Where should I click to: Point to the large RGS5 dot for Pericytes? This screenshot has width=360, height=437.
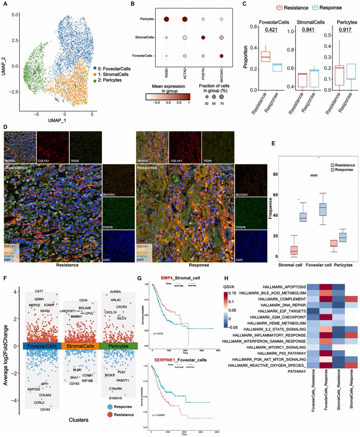pyautogui.click(x=166, y=19)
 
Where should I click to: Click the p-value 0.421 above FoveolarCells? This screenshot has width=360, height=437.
pyautogui.click(x=272, y=29)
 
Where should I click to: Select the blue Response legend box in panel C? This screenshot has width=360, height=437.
pyautogui.click(x=319, y=7)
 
